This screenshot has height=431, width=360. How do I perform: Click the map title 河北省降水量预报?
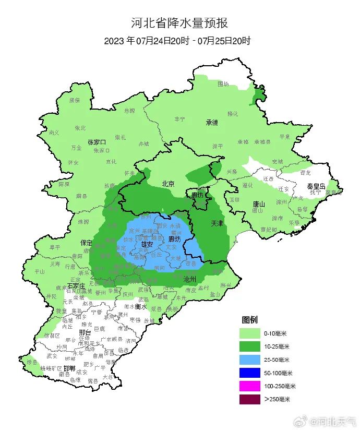point(179,23)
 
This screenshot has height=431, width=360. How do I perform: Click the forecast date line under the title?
point(177,41)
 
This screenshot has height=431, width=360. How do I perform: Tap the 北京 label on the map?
point(167,184)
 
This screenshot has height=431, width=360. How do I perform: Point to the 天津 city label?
point(217,223)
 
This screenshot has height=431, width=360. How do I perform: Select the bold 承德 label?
point(211,123)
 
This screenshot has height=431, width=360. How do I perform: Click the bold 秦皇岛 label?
point(316,186)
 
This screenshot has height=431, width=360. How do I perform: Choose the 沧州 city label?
point(190,279)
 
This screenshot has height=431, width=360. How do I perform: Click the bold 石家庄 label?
point(78,286)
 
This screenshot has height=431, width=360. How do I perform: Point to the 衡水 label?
point(141,307)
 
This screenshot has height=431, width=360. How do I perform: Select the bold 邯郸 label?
point(69,368)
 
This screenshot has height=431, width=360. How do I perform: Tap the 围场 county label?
point(223,83)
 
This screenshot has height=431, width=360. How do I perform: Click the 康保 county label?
point(75,100)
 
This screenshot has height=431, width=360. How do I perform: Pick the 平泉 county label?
point(284,137)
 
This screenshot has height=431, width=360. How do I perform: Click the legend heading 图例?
point(249,319)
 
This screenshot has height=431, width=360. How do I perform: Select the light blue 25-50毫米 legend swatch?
point(249,360)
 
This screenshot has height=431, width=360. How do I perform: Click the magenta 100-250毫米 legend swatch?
point(249,387)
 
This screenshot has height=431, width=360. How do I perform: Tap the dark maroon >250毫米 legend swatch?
point(249,400)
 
